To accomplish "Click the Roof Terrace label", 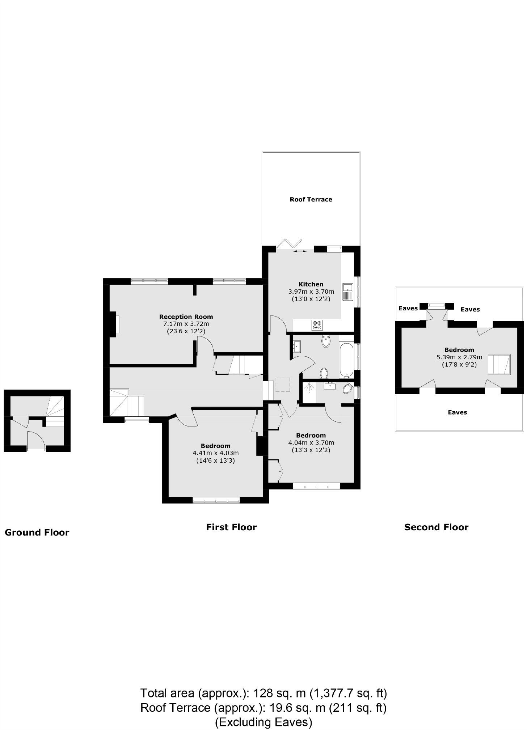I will point(311,199).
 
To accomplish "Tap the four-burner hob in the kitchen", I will point(317,325).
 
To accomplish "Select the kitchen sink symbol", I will point(348,292).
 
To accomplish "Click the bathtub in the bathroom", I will point(346,356).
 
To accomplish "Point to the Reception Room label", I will point(186,317).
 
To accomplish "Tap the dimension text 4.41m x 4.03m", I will point(216,453).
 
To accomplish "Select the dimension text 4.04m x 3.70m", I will point(311,442).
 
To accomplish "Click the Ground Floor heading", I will point(37,532).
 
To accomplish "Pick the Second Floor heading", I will point(436,527).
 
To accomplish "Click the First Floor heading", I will point(231,527).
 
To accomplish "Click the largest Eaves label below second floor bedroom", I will point(457,412).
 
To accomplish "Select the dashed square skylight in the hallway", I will point(283,385).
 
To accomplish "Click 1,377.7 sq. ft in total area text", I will point(348,693).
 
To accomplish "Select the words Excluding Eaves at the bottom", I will point(263,722).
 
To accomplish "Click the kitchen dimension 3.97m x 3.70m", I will point(311,291).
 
